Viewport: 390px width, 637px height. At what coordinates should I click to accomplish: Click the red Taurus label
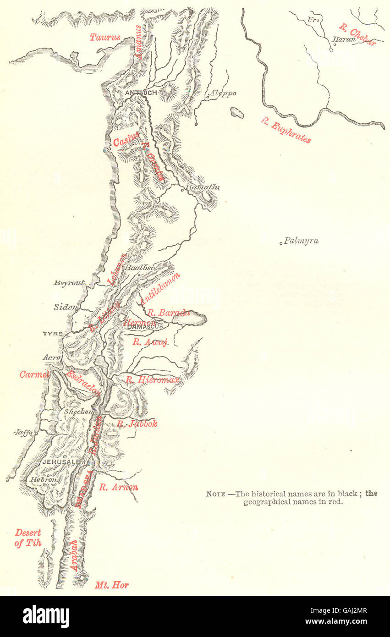105,37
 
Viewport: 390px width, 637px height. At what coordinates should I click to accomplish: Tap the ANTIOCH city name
141,93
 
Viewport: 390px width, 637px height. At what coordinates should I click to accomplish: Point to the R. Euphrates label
286,131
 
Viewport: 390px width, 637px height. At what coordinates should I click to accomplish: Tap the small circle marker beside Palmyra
281,243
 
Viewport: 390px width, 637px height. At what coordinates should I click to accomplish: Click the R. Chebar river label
357,34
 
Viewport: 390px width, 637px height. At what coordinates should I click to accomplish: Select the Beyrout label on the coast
70,283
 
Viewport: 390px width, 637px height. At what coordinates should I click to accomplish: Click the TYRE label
52,334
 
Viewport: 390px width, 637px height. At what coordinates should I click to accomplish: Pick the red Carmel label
34,374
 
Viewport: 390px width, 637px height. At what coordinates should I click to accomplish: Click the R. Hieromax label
153,379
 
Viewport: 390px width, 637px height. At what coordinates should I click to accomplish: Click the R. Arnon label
119,487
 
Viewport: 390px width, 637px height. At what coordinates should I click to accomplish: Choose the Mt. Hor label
112,585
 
